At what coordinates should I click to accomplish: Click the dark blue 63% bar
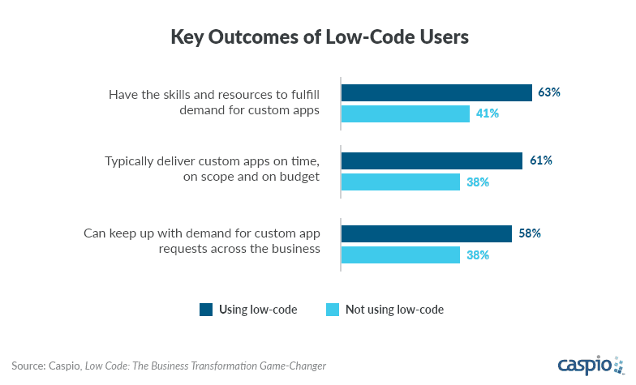pyautogui.click(x=436, y=92)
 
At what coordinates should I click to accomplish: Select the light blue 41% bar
pyautogui.click(x=405, y=113)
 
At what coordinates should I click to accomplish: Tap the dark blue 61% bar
pyautogui.click(x=431, y=161)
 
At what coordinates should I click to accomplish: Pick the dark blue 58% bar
pyautogui.click(x=426, y=233)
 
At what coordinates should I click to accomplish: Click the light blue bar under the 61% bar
pyautogui.click(x=400, y=182)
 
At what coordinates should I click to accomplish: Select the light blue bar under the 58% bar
pyautogui.click(x=400, y=255)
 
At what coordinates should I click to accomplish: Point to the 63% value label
pyautogui.click(x=549, y=92)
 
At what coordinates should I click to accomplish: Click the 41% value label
pyautogui.click(x=488, y=113)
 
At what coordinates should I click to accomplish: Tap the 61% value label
pyautogui.click(x=540, y=161)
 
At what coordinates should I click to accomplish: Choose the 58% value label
pyautogui.click(x=530, y=233)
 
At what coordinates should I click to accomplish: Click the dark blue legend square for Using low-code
pyautogui.click(x=206, y=309)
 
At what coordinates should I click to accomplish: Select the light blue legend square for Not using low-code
pyautogui.click(x=331, y=309)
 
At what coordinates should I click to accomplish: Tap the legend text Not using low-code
pyautogui.click(x=395, y=309)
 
